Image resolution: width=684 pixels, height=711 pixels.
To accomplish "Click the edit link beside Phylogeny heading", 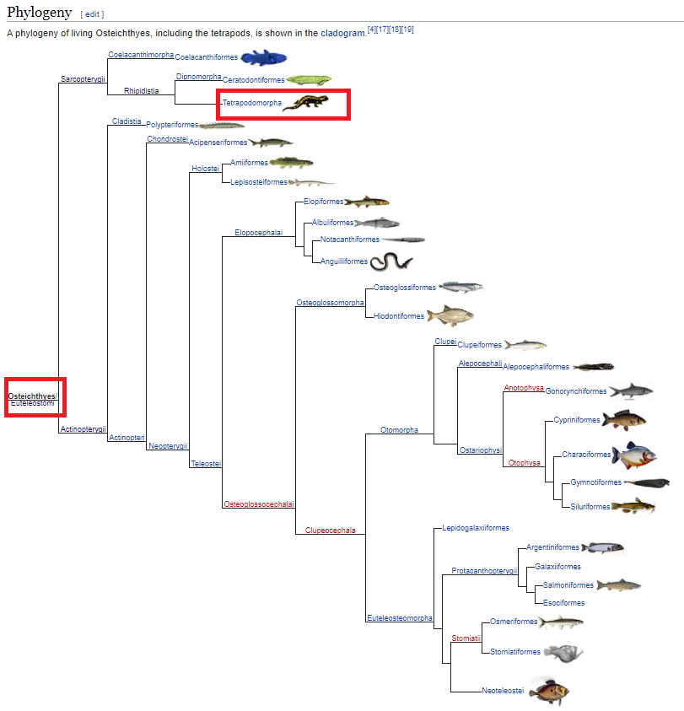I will click(x=92, y=14).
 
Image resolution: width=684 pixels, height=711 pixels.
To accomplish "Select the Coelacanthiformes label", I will click(x=207, y=57).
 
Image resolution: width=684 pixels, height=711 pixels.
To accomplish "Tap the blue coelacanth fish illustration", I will click(x=263, y=57).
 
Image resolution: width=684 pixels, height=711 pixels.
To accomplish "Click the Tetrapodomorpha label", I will click(x=252, y=103).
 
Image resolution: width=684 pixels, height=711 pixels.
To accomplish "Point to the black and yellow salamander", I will click(x=302, y=103).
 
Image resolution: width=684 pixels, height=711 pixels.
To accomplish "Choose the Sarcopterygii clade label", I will click(x=83, y=78).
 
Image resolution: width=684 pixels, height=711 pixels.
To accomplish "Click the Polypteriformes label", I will click(x=172, y=125).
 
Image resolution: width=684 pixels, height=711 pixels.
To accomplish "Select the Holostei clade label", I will click(x=205, y=169).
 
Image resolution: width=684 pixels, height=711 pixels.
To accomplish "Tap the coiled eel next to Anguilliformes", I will click(x=390, y=261).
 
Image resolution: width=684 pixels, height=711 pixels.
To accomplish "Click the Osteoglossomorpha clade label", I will click(x=330, y=302).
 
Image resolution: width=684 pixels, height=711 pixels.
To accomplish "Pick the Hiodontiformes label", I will click(x=398, y=316).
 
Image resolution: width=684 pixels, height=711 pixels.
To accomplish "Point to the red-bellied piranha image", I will click(x=633, y=455).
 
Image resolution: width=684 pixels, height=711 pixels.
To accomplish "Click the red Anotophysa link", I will click(x=524, y=388).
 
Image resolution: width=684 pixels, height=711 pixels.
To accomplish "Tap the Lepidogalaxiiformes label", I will click(x=476, y=528).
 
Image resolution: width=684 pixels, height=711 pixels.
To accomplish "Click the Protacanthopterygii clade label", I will click(x=483, y=571).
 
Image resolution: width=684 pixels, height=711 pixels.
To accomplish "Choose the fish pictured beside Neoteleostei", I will click(x=549, y=691).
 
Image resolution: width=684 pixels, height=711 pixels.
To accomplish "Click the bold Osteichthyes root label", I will click(x=33, y=396).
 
